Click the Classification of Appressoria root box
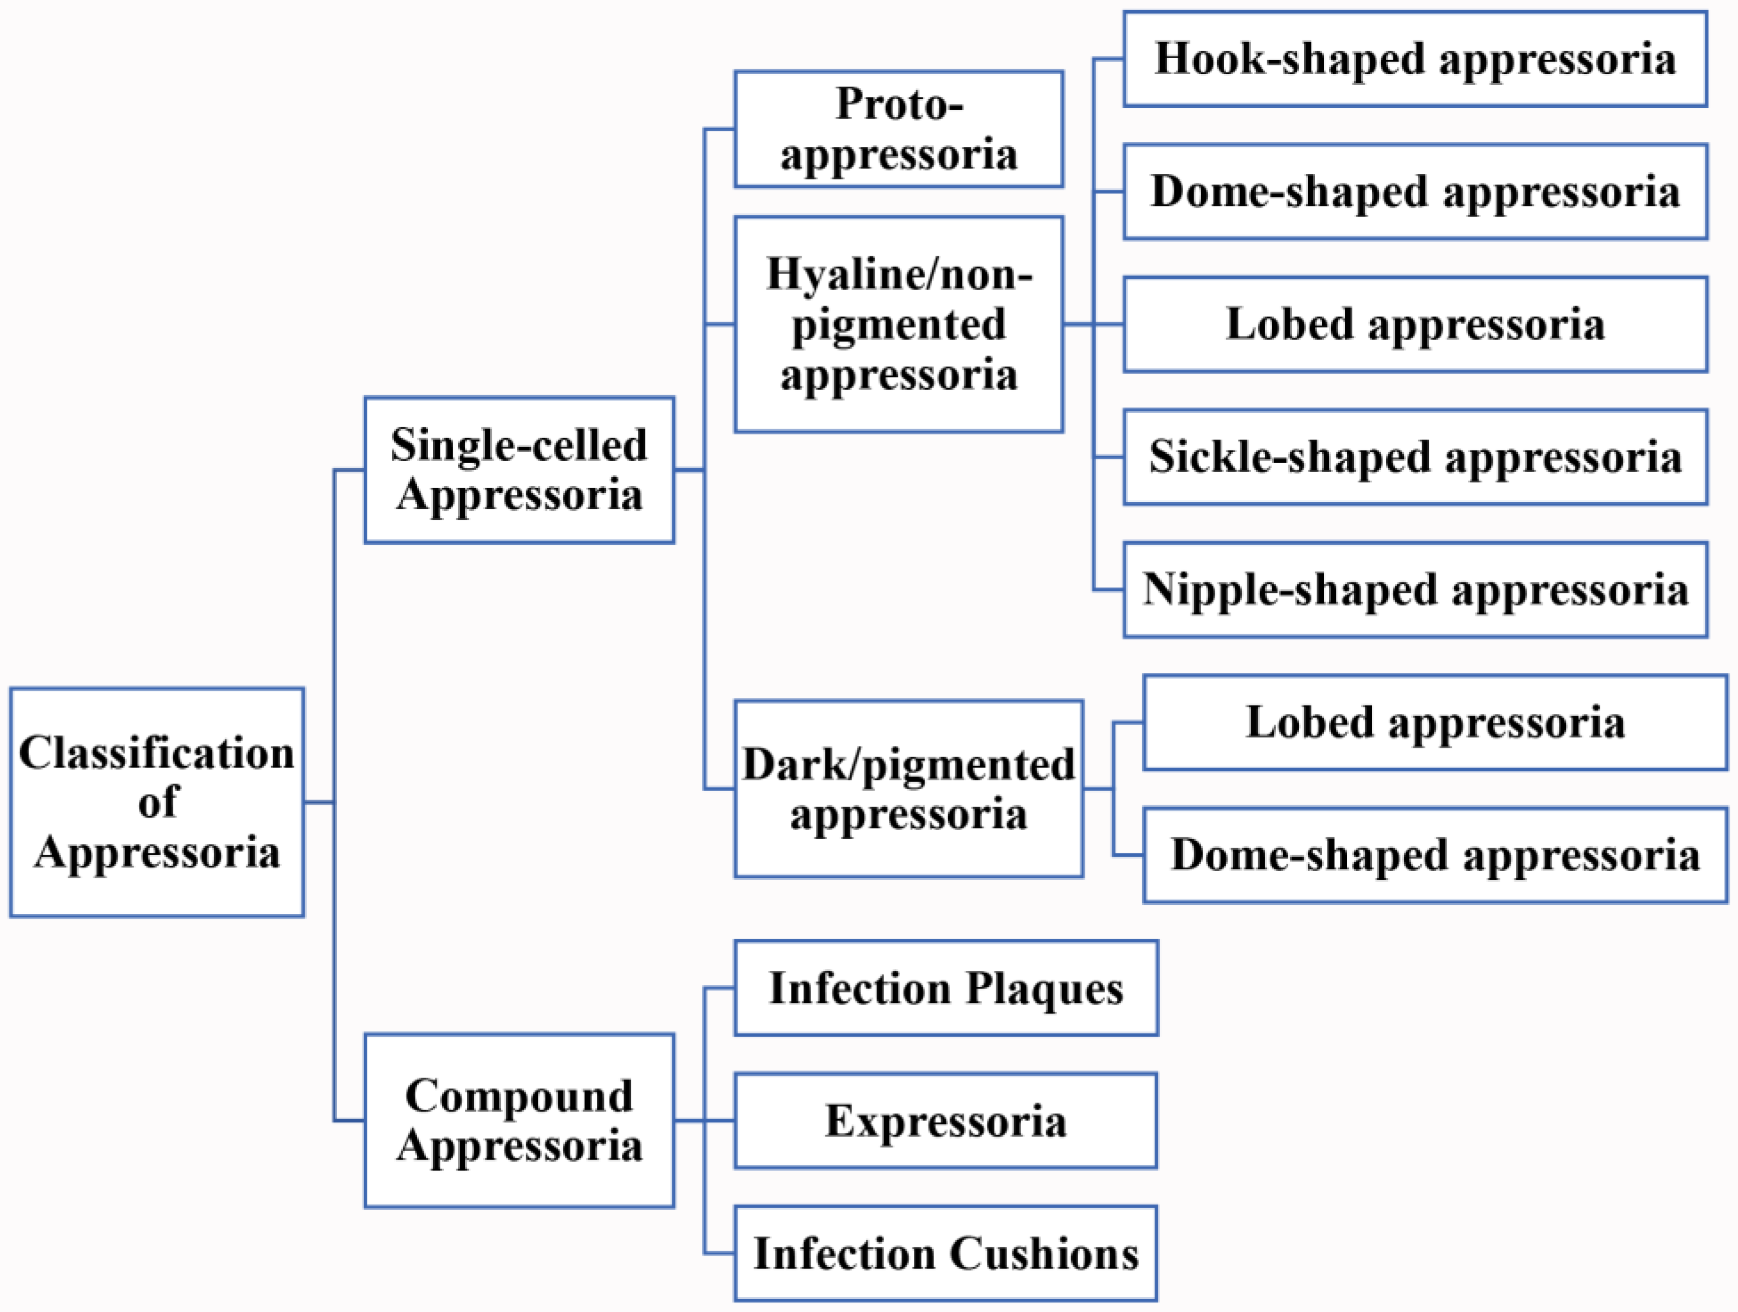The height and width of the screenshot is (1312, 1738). pos(157,802)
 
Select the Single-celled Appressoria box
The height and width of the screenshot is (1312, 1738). pos(519,470)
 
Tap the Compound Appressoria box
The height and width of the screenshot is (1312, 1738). pos(519,1120)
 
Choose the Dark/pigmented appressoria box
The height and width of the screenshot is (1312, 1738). pos(908,789)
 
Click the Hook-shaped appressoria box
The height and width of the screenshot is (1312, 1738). pos(1414,59)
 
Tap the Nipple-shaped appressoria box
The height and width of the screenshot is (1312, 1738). pos(1414,590)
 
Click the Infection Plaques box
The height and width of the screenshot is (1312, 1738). pos(945,989)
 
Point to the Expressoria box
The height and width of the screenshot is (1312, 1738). pos(945,1121)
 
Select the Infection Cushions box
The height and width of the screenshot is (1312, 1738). pos(945,1254)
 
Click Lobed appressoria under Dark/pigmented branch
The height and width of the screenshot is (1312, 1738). pos(1435,723)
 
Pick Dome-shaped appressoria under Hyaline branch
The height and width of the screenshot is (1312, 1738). pos(1414,192)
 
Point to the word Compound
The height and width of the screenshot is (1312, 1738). pos(519,1096)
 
